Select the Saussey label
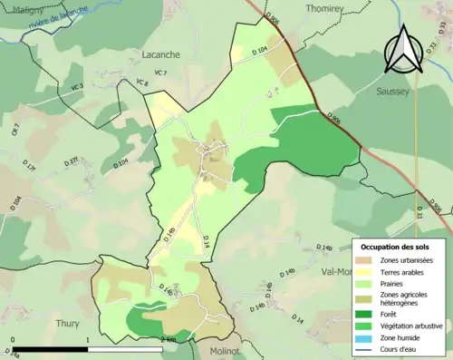pos(394,92)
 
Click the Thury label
pos(68,322)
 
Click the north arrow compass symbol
pos(401,49)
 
